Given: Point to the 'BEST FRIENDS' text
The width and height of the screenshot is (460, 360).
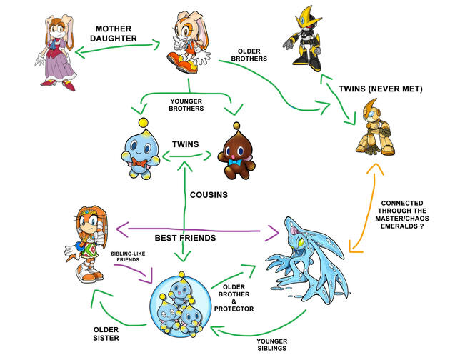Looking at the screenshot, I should pyautogui.click(x=185, y=237).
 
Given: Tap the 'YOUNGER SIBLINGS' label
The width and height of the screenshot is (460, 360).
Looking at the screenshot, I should pyautogui.click(x=272, y=344).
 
